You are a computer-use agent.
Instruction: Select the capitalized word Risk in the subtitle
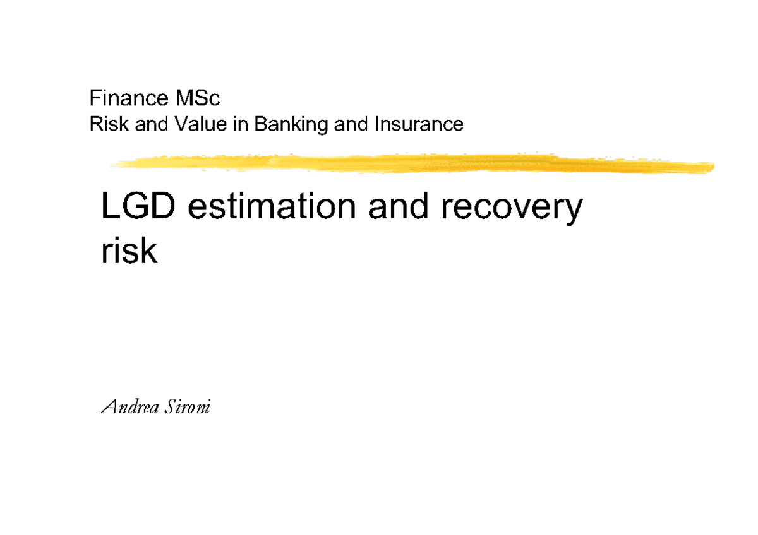point(105,124)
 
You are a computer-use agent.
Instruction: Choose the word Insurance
point(419,124)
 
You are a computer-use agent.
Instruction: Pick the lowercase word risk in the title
point(128,250)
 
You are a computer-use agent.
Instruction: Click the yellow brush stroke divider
point(411,163)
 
